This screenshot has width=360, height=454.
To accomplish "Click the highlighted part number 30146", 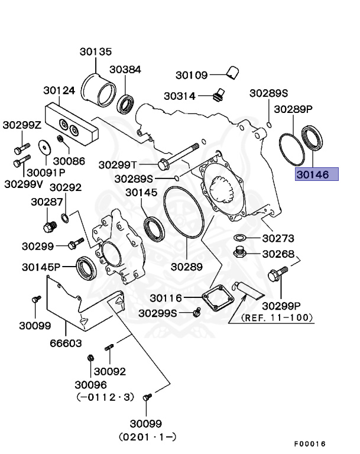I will [x=317, y=174].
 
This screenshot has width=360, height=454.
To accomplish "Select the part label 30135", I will [x=96, y=52].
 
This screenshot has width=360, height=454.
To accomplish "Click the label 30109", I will [x=192, y=75].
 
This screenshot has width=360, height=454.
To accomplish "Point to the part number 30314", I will [x=180, y=96].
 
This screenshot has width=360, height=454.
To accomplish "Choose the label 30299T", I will [x=118, y=164].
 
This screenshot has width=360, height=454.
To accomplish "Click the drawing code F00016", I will [x=310, y=443].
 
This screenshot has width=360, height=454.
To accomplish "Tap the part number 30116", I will [x=167, y=299].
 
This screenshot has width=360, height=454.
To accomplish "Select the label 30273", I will [x=278, y=239].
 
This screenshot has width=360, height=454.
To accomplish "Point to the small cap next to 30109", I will [x=232, y=73].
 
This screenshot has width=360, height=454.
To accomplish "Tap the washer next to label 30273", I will [x=241, y=238].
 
